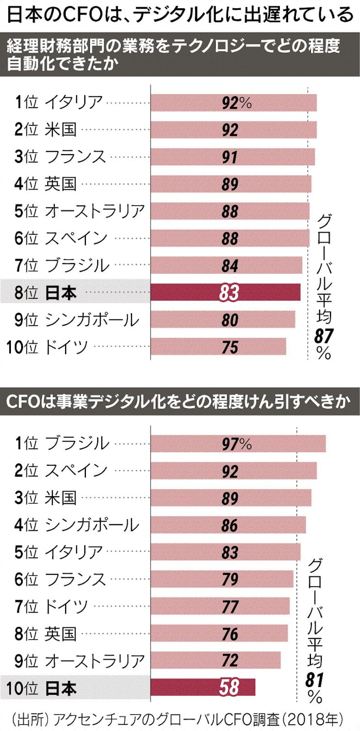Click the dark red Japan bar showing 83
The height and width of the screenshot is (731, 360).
click(225, 293)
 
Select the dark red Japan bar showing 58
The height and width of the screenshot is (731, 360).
click(203, 688)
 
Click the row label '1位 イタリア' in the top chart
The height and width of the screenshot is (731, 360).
click(59, 102)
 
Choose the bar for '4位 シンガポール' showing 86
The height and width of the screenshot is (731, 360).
click(228, 525)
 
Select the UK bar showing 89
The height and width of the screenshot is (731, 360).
click(231, 184)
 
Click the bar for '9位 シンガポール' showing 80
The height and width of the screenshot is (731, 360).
click(222, 320)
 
